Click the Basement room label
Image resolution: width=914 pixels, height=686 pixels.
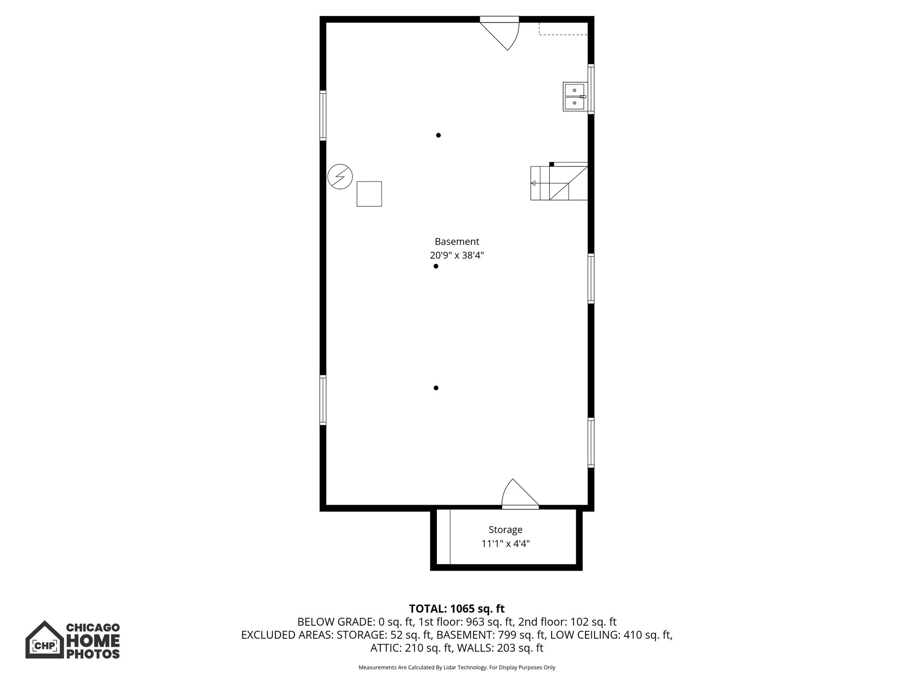(x=457, y=242)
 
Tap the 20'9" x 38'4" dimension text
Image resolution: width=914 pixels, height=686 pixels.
(x=457, y=256)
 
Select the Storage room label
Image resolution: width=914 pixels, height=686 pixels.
(x=505, y=530)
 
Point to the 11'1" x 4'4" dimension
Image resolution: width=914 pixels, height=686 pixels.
(x=505, y=544)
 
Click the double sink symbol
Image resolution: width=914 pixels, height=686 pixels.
(x=574, y=97)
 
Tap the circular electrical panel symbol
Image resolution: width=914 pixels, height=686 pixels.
(x=340, y=177)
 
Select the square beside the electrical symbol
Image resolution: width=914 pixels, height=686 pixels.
(x=369, y=194)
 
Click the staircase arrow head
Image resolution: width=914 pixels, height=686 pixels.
(x=533, y=183)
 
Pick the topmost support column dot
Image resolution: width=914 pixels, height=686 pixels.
(x=438, y=135)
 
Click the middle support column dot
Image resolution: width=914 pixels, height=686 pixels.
(x=436, y=266)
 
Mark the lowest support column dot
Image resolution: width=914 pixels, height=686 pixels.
(x=436, y=388)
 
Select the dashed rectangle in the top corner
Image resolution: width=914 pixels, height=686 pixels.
(x=563, y=28)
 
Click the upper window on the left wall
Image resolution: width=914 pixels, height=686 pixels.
(x=323, y=115)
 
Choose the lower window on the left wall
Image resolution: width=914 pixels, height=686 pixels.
(x=323, y=400)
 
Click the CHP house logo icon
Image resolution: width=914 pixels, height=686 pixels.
(x=44, y=639)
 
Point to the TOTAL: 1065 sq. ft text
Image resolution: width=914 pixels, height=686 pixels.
(x=457, y=609)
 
